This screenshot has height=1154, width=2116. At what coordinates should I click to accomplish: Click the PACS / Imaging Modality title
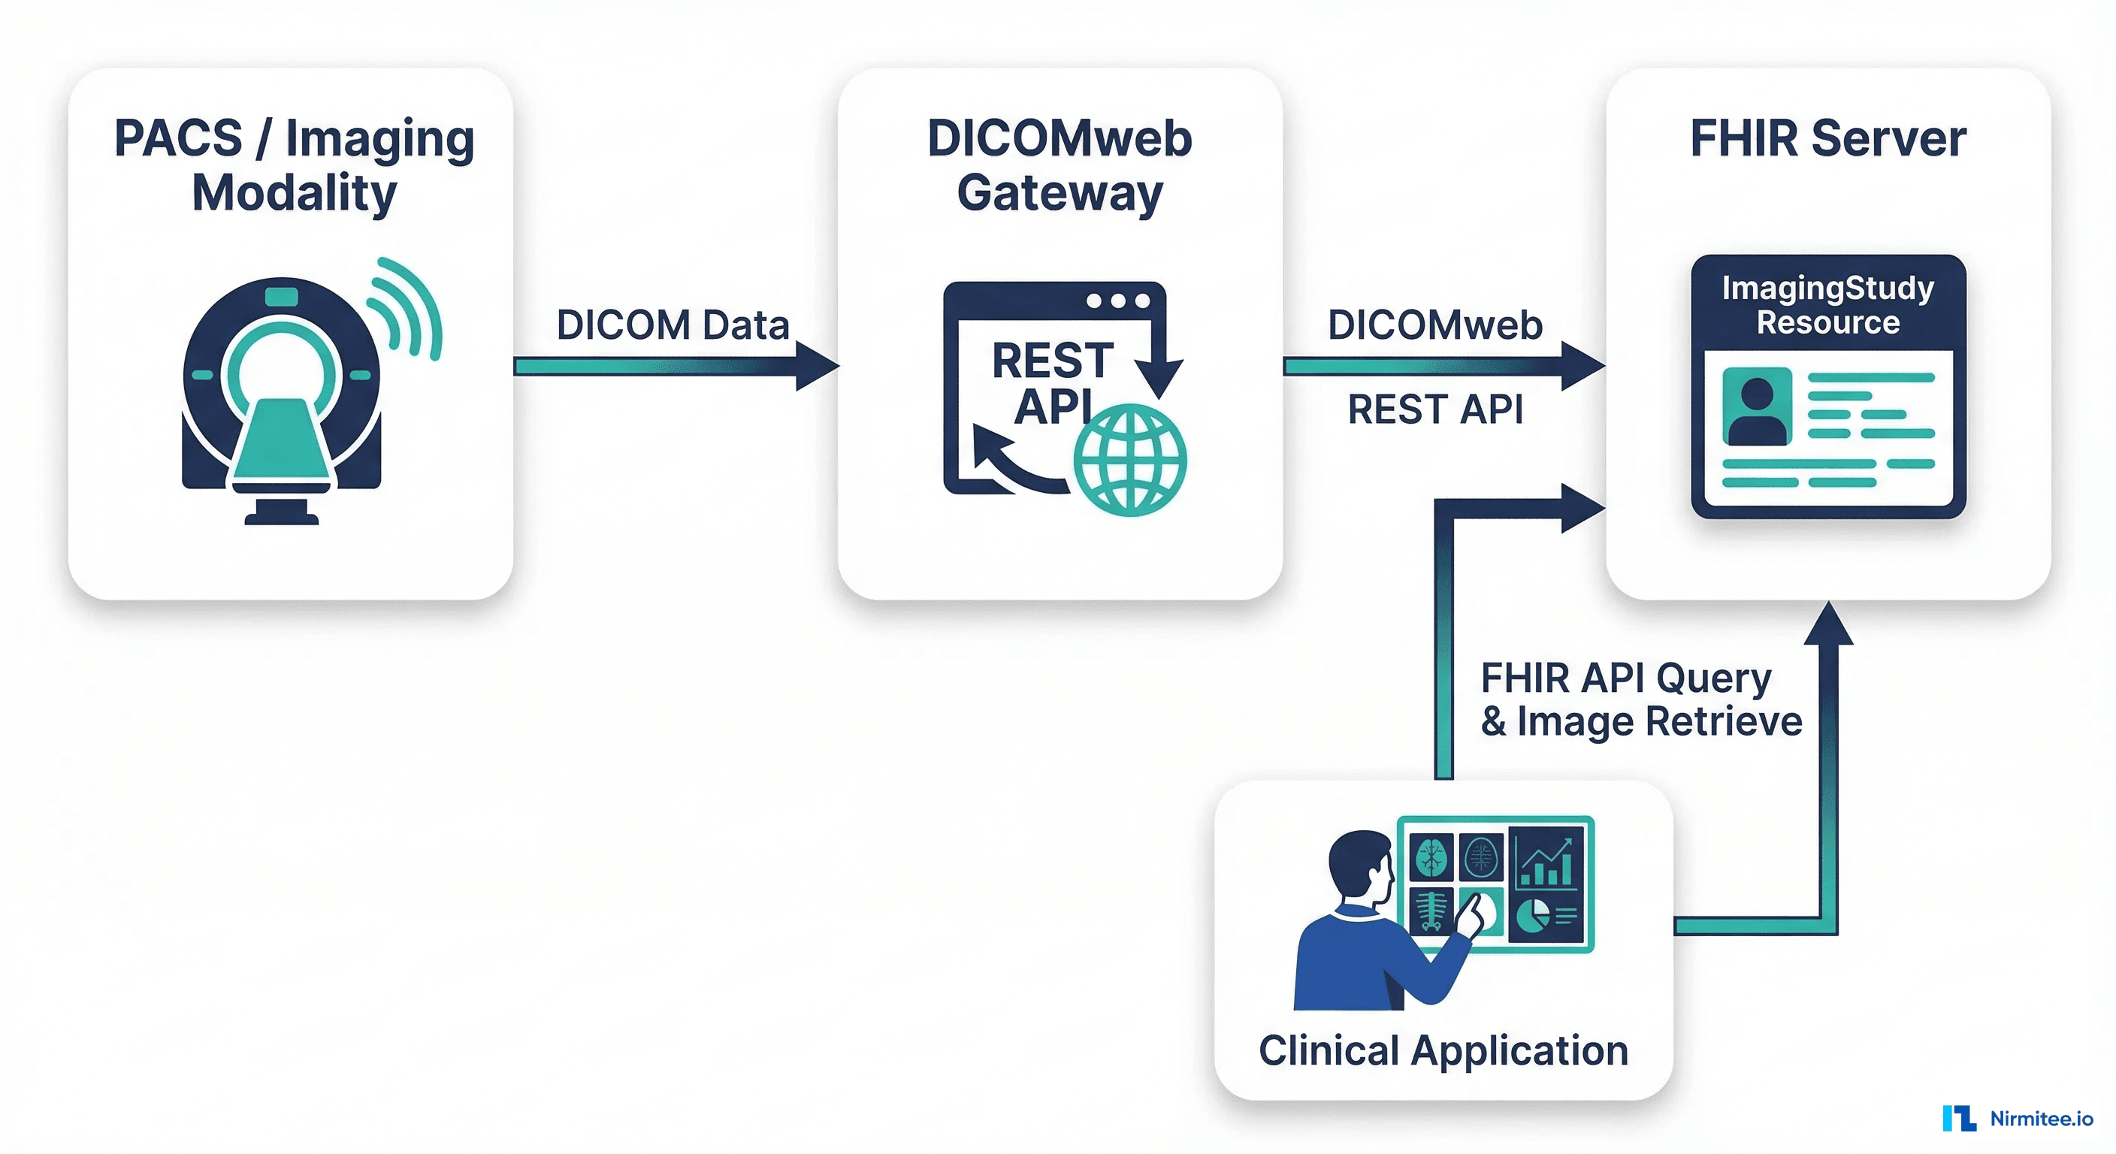pyautogui.click(x=293, y=165)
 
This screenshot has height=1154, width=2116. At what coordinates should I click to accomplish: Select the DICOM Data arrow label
pyautogui.click(x=672, y=325)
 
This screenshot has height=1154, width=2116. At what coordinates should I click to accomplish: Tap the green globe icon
pyautogui.click(x=1129, y=460)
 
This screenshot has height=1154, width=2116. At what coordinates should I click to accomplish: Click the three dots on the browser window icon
pyautogui.click(x=1118, y=301)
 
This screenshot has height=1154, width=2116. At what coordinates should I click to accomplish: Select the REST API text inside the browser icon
pyautogui.click(x=1052, y=382)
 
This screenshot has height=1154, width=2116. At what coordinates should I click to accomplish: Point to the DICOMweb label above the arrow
pyautogui.click(x=1435, y=325)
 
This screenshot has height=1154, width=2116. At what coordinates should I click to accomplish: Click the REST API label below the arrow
pyautogui.click(x=1435, y=409)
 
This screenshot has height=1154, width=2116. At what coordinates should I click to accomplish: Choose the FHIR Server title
pyautogui.click(x=1827, y=138)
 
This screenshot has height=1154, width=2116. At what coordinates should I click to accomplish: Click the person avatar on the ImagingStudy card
pyautogui.click(x=1757, y=407)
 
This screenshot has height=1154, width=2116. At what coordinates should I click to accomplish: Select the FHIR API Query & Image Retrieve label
pyautogui.click(x=1640, y=699)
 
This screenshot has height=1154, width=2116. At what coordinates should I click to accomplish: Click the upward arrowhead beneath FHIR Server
pyautogui.click(x=1828, y=624)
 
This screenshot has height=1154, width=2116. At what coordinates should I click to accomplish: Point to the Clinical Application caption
pyautogui.click(x=1443, y=1050)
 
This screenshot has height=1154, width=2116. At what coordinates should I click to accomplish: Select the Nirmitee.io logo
pyautogui.click(x=2018, y=1118)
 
